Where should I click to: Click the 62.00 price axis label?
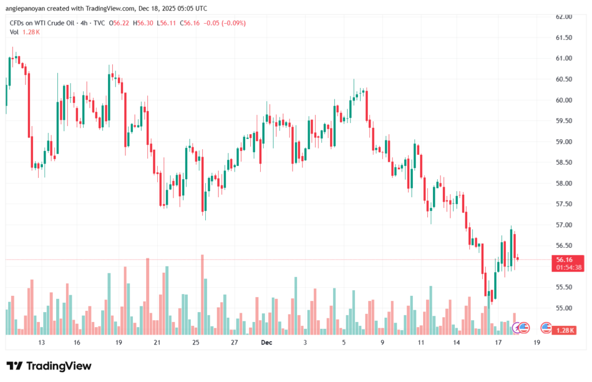tap(564, 17)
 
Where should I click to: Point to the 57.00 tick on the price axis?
tap(564, 225)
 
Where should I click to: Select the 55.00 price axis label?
tap(564, 308)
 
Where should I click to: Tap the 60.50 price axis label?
tap(564, 79)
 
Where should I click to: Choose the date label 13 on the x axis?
tap(42, 343)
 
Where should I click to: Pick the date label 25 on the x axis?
tap(195, 343)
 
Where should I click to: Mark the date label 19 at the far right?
tap(536, 343)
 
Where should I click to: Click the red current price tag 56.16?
tap(564, 260)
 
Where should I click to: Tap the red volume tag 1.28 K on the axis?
tap(564, 330)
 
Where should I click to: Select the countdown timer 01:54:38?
tap(564, 268)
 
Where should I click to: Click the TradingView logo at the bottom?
tap(49, 366)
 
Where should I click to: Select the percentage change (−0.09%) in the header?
tap(230, 23)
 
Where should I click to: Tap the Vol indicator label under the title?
tap(14, 32)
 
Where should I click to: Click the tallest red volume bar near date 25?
tap(202, 295)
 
